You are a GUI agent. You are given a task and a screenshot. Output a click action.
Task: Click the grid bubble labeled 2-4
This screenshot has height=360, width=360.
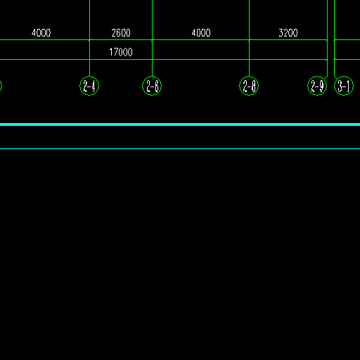(89, 76)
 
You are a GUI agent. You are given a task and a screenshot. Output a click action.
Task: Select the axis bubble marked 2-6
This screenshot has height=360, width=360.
(152, 76)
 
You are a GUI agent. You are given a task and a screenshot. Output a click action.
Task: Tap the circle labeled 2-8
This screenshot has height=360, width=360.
(249, 76)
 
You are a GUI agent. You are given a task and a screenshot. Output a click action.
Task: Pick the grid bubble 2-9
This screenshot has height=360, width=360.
(317, 76)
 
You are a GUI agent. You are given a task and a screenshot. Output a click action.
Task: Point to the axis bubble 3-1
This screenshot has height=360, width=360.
(344, 76)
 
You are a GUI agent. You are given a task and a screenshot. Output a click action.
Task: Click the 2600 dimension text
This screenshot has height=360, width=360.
(121, 33)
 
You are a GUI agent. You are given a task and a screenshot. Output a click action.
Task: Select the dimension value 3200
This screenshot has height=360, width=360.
(288, 33)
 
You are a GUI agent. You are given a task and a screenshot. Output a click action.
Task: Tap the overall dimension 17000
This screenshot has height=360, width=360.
(121, 52)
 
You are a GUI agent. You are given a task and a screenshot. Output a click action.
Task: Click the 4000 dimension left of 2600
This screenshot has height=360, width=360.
(41, 33)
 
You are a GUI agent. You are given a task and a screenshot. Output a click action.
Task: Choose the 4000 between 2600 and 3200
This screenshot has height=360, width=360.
(201, 33)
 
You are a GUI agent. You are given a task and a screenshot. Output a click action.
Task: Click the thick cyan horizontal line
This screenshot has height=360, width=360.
(180, 124)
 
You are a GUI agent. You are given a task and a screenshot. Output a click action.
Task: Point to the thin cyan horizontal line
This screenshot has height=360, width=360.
(180, 148)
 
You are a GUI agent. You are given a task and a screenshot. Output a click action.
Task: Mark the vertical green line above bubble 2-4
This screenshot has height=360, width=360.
(89, 38)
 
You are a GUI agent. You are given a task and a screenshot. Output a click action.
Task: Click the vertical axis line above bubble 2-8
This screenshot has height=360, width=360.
(249, 38)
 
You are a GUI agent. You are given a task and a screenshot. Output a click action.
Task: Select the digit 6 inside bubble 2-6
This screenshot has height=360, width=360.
(157, 86)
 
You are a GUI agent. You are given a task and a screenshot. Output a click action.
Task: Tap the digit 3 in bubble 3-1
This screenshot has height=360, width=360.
(340, 86)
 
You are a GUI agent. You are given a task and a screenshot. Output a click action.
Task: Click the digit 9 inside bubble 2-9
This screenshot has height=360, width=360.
(321, 86)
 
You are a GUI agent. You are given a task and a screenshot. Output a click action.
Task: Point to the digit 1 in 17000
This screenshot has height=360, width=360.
(110, 52)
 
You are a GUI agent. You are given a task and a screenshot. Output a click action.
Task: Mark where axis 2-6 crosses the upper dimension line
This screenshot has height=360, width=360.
(153, 40)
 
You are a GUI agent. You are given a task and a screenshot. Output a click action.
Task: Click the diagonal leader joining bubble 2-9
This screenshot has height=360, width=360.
(326, 77)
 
